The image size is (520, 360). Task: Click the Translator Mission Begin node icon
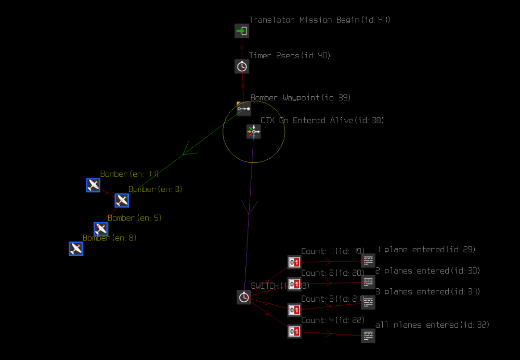click(242, 31)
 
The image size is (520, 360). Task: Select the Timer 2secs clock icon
click(242, 66)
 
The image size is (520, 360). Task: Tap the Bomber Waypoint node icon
click(243, 109)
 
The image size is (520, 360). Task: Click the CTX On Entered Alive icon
click(253, 132)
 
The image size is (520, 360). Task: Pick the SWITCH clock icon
click(244, 298)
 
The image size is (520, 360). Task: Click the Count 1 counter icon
click(294, 262)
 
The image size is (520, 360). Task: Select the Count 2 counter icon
click(294, 284)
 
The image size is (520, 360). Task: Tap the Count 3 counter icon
click(294, 310)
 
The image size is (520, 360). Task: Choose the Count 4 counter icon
click(294, 331)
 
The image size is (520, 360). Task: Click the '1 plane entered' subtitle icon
click(368, 261)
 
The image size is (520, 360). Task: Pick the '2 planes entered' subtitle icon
click(368, 282)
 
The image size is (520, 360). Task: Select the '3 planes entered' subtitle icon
click(368, 302)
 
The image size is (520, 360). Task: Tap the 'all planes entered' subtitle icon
click(368, 336)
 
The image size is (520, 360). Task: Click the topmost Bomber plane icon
click(93, 185)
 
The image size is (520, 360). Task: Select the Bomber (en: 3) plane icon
click(122, 200)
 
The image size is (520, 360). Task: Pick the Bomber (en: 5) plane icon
click(101, 229)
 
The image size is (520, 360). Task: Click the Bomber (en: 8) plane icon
click(76, 249)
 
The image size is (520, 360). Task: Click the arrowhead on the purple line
click(250, 209)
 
